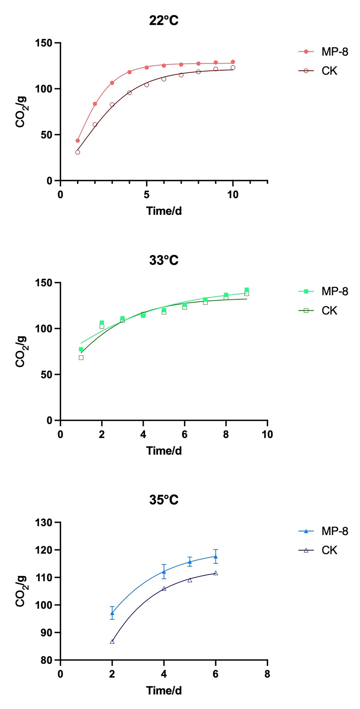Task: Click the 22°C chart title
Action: [x=164, y=21]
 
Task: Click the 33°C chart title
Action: [x=164, y=260]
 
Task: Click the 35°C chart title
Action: [x=164, y=500]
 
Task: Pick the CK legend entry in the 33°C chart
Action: [x=329, y=310]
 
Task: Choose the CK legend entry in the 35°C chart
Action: [x=329, y=550]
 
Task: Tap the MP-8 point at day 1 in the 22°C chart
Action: [x=78, y=141]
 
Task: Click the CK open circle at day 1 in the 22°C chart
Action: [x=78, y=152]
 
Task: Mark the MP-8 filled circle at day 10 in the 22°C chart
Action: [x=233, y=62]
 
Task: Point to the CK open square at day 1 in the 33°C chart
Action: [x=81, y=357]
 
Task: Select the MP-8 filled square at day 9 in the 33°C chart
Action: [x=247, y=290]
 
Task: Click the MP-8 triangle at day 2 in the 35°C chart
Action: [x=112, y=613]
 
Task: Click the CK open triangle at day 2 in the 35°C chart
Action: [x=112, y=641]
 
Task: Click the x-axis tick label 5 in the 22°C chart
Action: [x=146, y=195]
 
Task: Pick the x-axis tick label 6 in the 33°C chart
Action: [x=184, y=434]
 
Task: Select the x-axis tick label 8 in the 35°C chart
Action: [x=267, y=674]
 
